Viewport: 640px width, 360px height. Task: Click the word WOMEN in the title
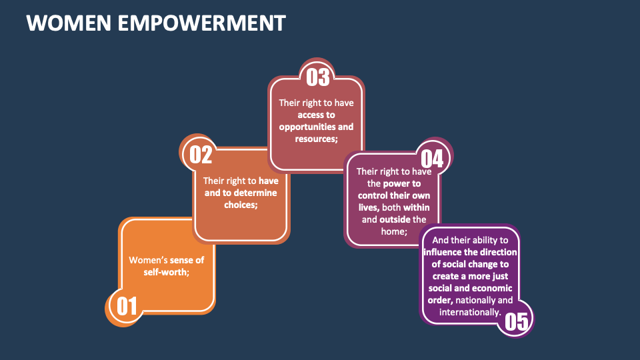click(60, 23)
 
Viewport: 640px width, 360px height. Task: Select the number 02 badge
click(201, 154)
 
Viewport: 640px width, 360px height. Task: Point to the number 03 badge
click(318, 77)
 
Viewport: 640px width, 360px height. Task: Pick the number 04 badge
click(431, 158)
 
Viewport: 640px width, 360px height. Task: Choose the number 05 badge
click(516, 321)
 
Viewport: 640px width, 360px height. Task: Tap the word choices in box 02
click(241, 205)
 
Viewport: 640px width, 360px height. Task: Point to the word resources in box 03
click(316, 139)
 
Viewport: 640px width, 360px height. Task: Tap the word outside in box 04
click(394, 219)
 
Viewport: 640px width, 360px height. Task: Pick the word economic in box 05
click(489, 288)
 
